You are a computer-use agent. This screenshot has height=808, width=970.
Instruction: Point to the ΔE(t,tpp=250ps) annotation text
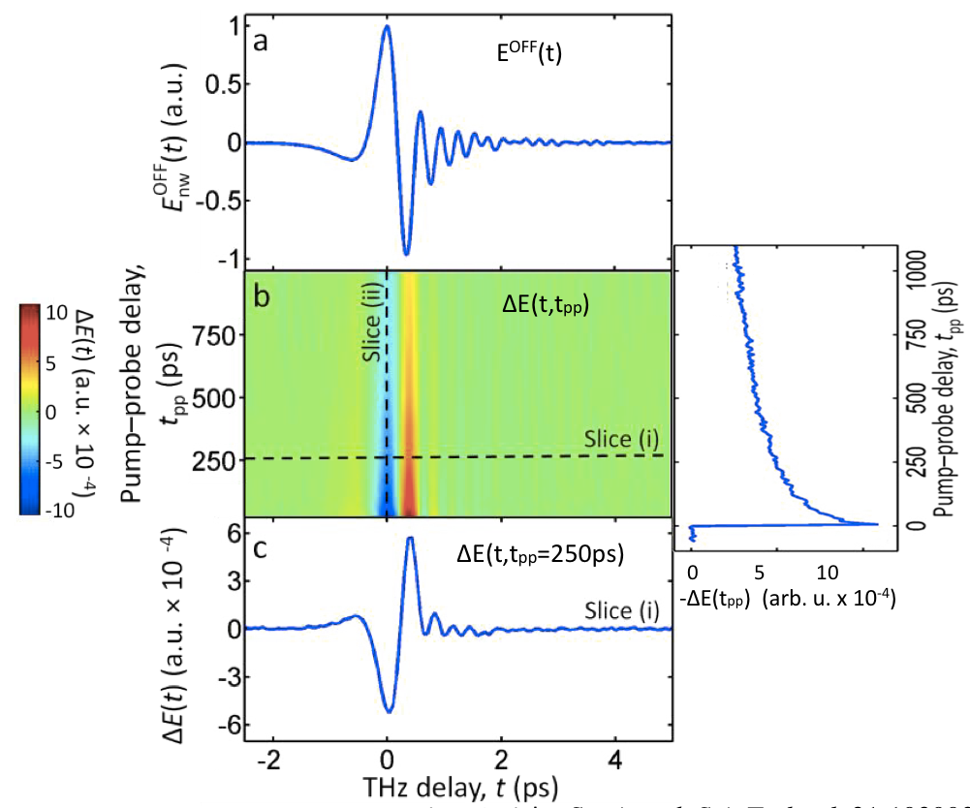(541, 556)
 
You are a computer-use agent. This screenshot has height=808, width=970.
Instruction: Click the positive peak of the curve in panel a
(387, 26)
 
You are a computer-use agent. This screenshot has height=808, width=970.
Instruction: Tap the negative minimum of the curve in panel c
(390, 712)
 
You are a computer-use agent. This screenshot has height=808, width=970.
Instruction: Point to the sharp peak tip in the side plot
(877, 524)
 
